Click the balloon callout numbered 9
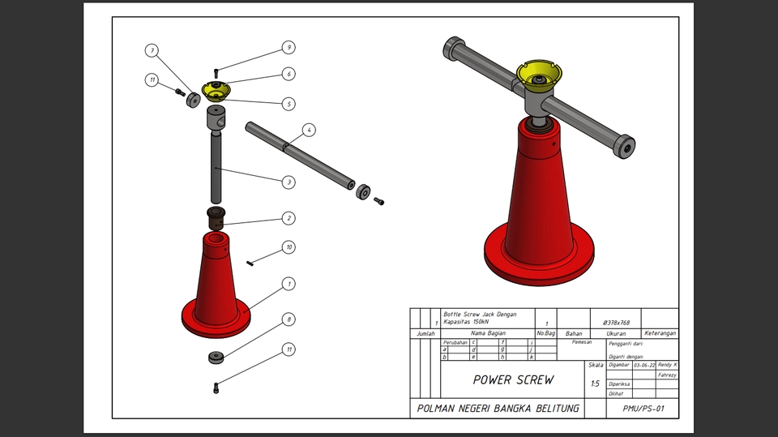pos(289,48)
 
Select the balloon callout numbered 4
pos(308,130)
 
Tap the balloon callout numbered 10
pos(289,247)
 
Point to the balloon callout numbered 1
pos(289,284)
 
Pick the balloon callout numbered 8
pos(289,320)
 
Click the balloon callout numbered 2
pos(289,218)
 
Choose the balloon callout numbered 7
pos(152,50)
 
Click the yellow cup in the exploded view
pos(216,89)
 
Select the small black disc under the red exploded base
pos(216,357)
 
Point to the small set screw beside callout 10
pos(253,261)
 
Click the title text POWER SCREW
pos(514,379)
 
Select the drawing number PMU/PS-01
pos(643,409)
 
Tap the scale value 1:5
pos(596,383)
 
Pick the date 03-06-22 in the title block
pos(644,366)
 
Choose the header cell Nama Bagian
pos(488,333)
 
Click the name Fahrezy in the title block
pos(667,375)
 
